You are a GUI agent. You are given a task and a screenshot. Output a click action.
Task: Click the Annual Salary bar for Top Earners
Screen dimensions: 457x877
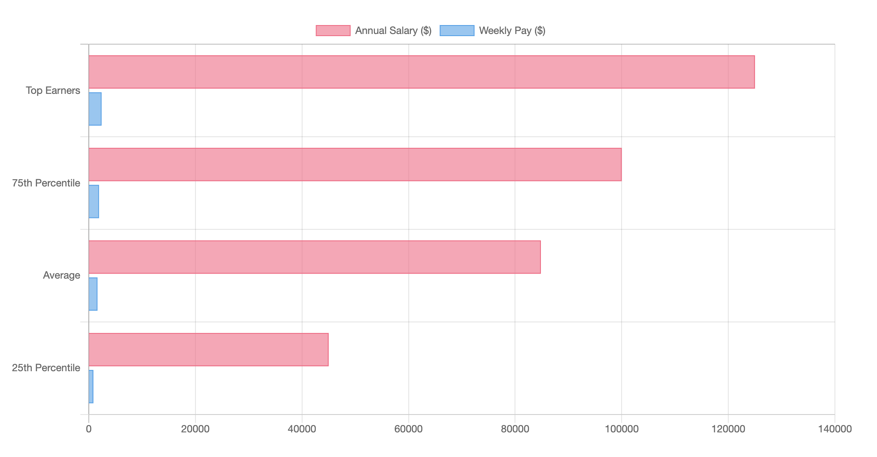click(x=422, y=72)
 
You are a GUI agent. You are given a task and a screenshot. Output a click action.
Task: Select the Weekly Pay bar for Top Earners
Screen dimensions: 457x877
click(x=95, y=109)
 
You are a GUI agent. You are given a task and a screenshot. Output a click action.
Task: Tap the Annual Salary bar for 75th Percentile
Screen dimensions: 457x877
click(x=355, y=164)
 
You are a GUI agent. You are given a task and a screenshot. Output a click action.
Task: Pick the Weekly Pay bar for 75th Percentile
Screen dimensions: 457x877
click(x=93, y=201)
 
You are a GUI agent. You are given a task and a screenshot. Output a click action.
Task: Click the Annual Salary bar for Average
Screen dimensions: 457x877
click(x=314, y=257)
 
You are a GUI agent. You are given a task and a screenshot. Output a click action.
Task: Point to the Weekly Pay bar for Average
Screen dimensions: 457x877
click(x=93, y=294)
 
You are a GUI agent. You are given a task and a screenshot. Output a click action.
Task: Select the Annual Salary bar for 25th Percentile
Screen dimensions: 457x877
click(x=208, y=350)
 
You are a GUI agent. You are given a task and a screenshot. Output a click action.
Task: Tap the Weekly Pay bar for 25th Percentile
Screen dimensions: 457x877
click(x=91, y=386)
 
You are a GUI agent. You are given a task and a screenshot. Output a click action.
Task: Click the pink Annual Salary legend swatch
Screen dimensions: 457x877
click(x=333, y=31)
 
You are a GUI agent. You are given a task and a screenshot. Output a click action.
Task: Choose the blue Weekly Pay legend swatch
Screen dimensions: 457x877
click(x=457, y=31)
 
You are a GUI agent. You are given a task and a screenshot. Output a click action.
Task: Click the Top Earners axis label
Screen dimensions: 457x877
click(x=53, y=90)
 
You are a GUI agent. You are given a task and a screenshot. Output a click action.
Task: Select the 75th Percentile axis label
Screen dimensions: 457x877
click(x=46, y=183)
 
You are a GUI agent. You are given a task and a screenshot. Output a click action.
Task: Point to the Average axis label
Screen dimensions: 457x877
click(x=62, y=275)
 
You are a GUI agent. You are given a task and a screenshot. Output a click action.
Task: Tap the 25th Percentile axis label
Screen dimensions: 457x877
click(x=46, y=368)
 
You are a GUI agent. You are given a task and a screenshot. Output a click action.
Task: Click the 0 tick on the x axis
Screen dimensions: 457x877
click(x=89, y=429)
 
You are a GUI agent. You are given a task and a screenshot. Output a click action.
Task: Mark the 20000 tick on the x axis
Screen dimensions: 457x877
click(x=195, y=429)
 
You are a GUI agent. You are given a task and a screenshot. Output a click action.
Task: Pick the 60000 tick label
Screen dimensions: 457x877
click(x=408, y=429)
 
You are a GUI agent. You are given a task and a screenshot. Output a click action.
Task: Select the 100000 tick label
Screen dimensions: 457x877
click(x=621, y=429)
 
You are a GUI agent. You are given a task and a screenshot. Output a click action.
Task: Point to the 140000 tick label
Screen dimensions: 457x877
click(x=835, y=429)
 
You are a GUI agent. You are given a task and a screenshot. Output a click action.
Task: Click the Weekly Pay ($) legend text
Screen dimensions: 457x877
click(x=512, y=31)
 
